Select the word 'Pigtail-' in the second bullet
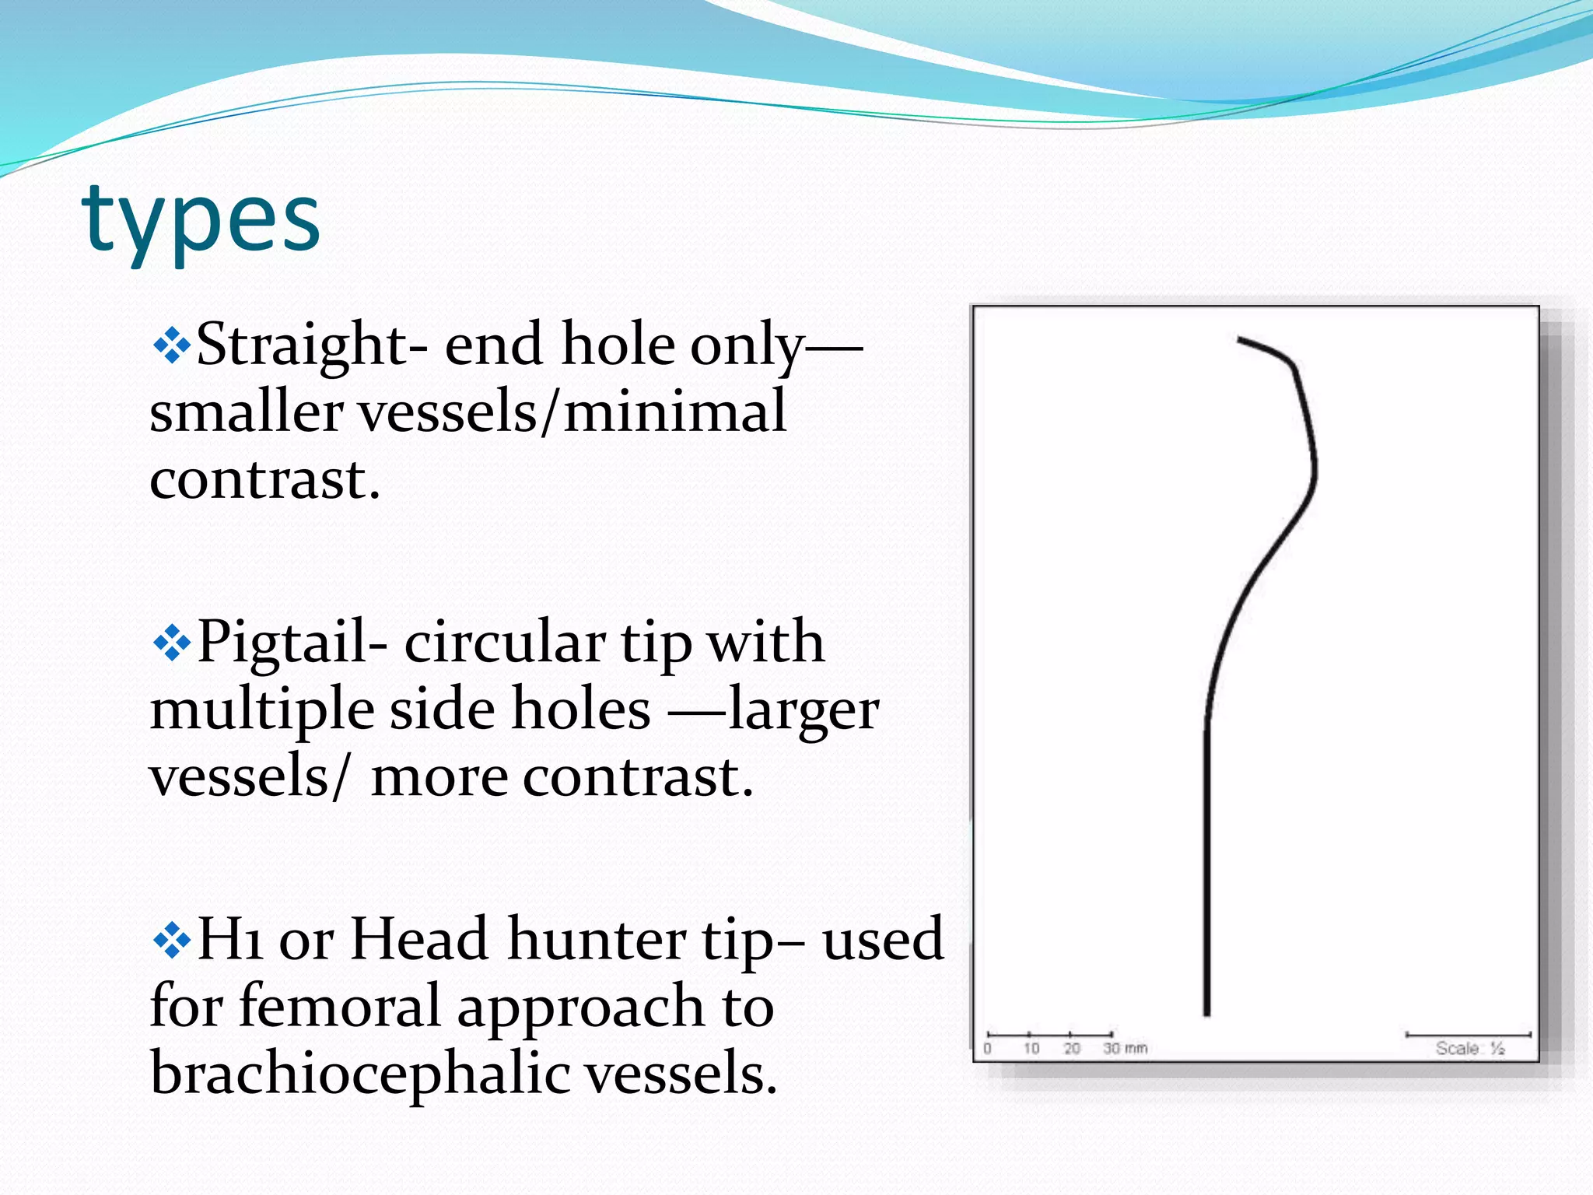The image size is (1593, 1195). (x=292, y=643)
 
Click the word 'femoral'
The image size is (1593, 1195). (x=339, y=1006)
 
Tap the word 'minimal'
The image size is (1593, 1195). (x=674, y=412)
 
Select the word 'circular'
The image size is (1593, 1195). (x=504, y=643)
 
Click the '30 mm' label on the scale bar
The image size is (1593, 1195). (x=1124, y=1049)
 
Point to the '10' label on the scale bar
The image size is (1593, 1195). (x=1031, y=1049)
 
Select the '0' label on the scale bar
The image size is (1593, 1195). (x=988, y=1049)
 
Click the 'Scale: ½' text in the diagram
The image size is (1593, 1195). (x=1469, y=1049)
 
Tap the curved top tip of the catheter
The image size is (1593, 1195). (x=1245, y=341)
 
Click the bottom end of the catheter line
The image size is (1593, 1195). (x=1206, y=1011)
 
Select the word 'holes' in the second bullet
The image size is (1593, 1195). (x=579, y=710)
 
